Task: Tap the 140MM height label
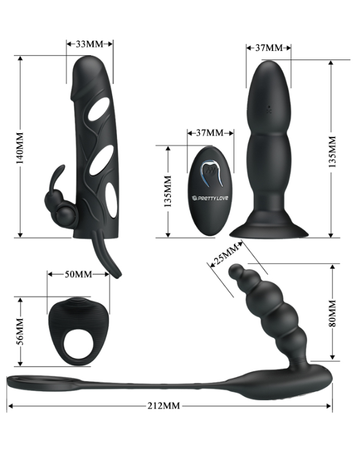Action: pyautogui.click(x=20, y=148)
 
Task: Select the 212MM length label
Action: pyautogui.click(x=163, y=406)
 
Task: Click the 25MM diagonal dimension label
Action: pyautogui.click(x=224, y=254)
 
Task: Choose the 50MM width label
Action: pyautogui.click(x=79, y=274)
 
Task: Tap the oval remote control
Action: pyautogui.click(x=210, y=191)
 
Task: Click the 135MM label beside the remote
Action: pyautogui.click(x=167, y=191)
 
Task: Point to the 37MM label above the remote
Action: pyautogui.click(x=205, y=133)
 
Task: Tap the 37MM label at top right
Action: pyautogui.click(x=269, y=47)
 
